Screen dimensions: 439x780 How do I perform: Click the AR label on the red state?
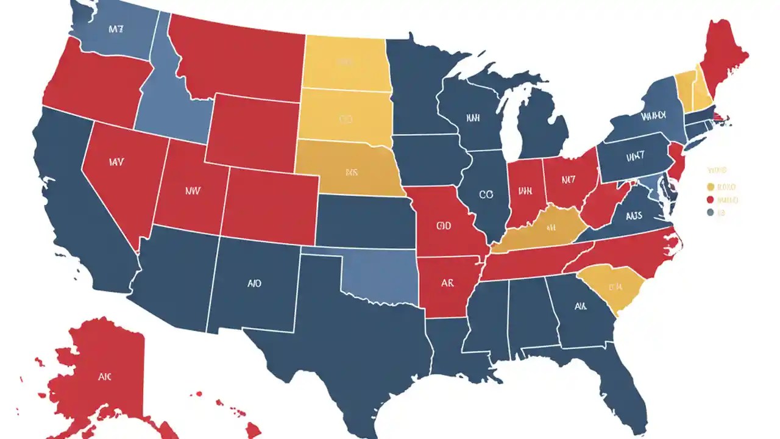447,284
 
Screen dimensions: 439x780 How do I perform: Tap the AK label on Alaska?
105,377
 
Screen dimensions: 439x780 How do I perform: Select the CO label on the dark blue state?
486,195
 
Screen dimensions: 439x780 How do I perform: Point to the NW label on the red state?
192,190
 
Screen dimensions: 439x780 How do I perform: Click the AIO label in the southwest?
255,284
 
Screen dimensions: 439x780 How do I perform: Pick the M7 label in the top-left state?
116,29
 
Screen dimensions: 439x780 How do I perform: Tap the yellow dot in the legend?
710,187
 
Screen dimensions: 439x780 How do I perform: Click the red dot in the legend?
710,199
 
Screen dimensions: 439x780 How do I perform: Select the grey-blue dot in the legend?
710,213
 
